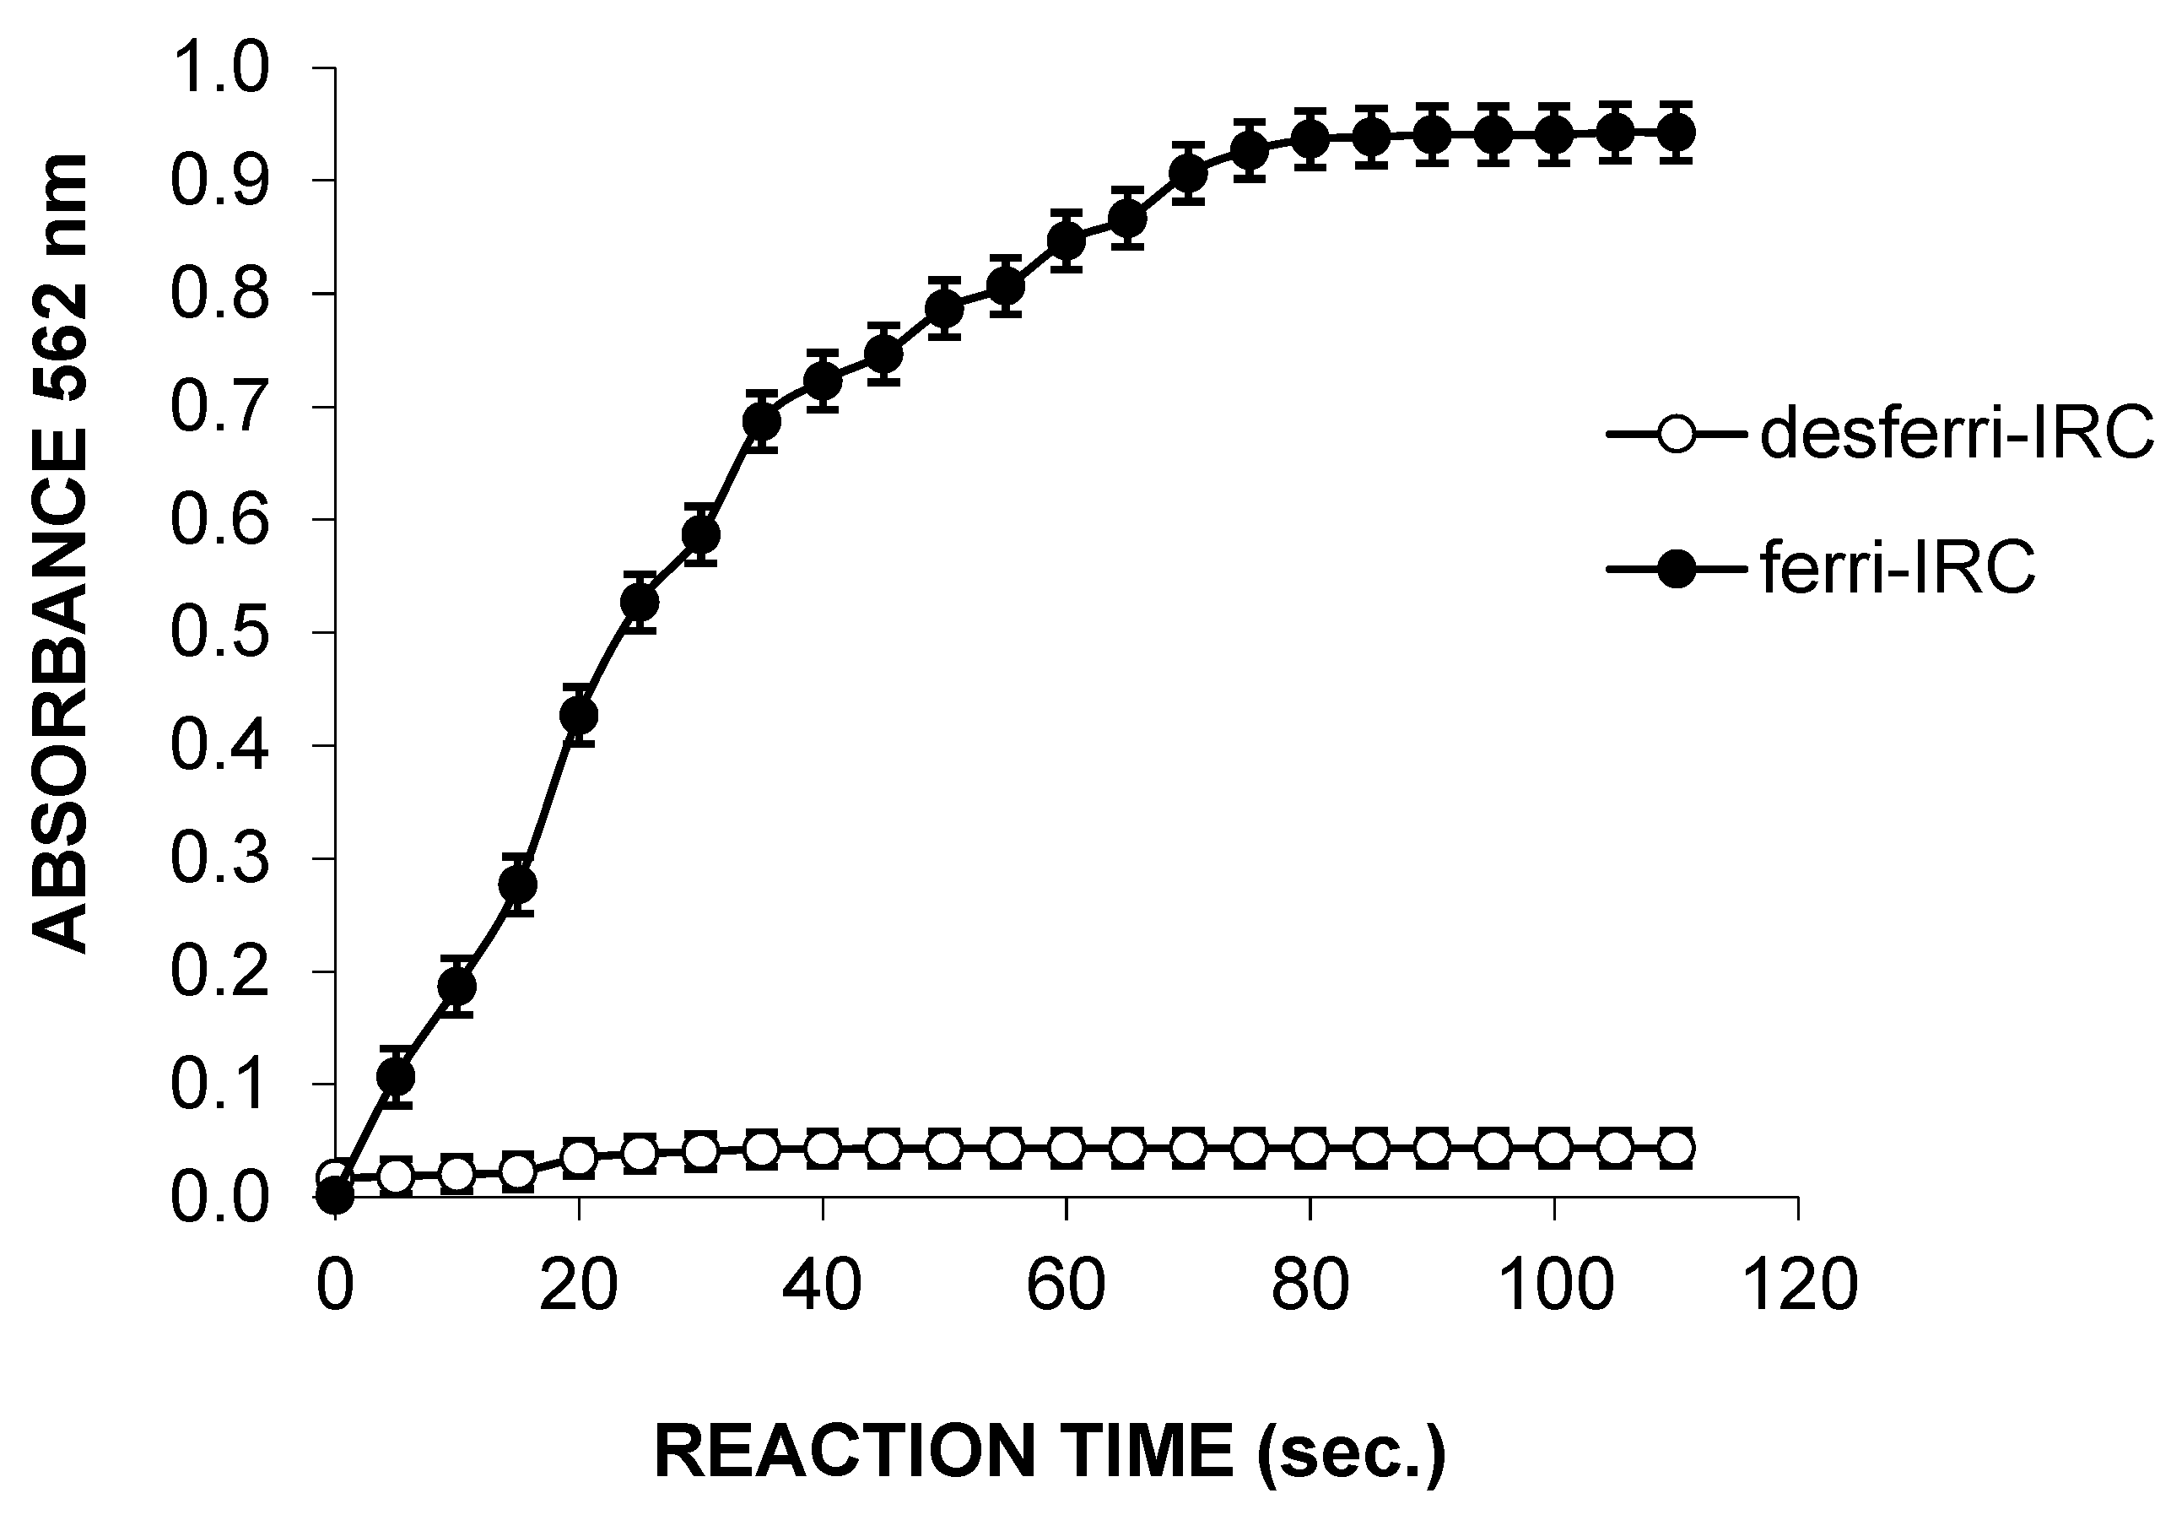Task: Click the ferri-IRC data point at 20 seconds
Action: pos(579,715)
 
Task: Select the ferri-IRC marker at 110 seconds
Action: pos(1677,133)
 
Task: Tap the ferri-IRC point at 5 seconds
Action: pos(397,1076)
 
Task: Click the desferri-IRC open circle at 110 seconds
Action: pos(1677,1148)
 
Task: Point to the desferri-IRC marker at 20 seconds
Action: pos(579,1157)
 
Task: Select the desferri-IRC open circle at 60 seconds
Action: pos(1067,1148)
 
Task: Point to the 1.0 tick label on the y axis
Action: pos(219,68)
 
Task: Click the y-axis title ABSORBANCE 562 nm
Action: pos(62,553)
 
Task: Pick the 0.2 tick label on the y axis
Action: pos(219,971)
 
